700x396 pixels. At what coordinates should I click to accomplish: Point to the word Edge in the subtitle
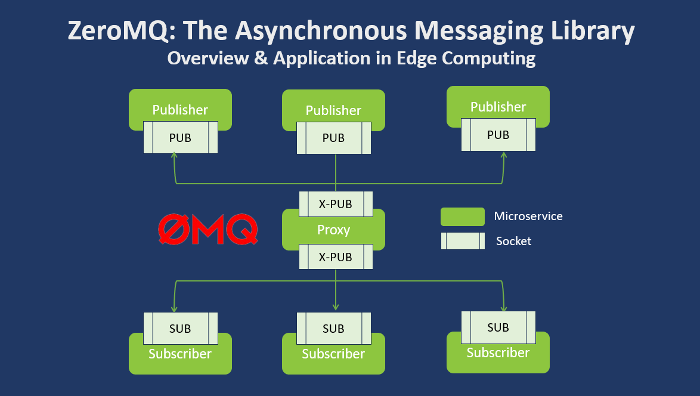pos(411,58)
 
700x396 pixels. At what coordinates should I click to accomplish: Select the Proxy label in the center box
pos(333,230)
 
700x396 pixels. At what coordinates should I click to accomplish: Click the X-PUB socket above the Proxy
pos(335,204)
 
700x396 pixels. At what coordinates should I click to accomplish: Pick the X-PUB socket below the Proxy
pos(335,257)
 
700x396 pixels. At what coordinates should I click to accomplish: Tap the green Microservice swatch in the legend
pos(462,216)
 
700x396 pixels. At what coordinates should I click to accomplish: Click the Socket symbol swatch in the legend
pos(462,241)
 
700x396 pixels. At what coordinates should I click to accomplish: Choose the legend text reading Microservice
pos(528,216)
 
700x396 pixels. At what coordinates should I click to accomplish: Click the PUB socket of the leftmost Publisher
pos(180,137)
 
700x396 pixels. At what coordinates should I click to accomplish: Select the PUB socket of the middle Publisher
pos(333,138)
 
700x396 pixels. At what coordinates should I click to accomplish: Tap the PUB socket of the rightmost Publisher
pos(498,135)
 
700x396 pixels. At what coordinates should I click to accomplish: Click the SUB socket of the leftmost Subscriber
pos(180,329)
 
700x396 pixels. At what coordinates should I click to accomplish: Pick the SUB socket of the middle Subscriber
pos(333,329)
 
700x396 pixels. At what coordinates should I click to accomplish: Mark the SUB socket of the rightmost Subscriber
pos(498,327)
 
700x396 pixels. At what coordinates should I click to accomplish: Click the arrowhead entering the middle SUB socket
pos(336,308)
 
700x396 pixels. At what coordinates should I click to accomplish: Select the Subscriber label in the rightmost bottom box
pos(498,352)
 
